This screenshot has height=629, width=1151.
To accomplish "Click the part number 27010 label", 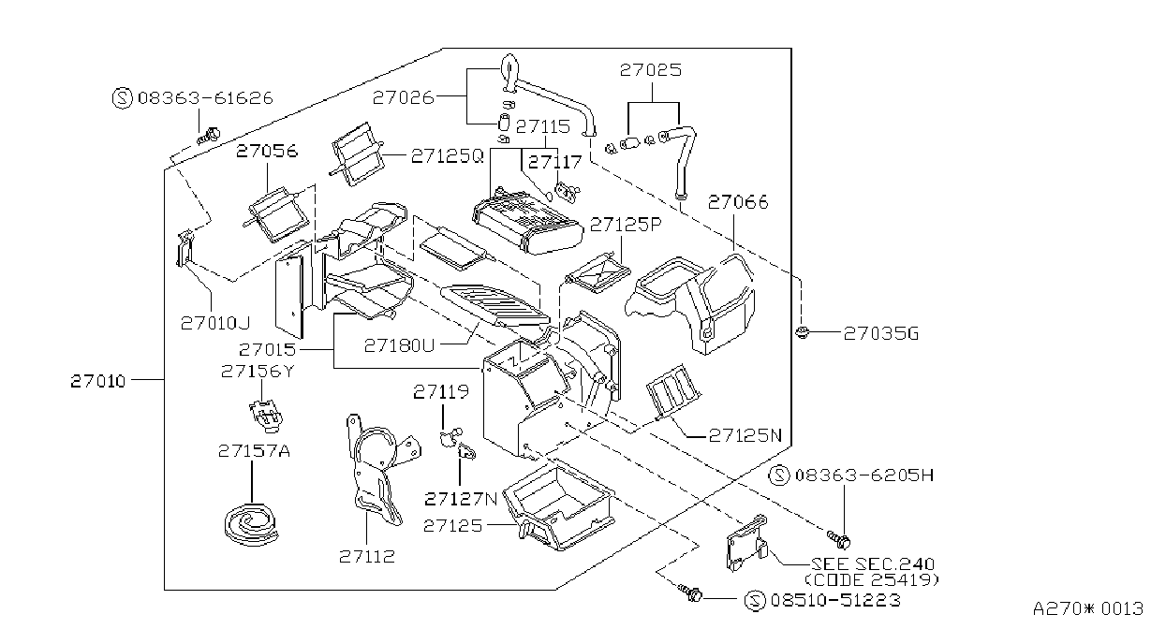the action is point(97,381).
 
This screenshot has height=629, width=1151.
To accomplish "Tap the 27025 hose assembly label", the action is point(651,70).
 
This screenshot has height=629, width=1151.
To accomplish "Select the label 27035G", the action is point(880,334).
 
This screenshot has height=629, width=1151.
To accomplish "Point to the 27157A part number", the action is point(254,451).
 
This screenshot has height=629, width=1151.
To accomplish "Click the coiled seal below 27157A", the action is point(252,524).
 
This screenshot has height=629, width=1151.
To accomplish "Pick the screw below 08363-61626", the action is point(208,137).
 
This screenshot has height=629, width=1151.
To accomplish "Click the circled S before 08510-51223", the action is point(755,601).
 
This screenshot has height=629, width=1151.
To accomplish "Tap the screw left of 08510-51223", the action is point(689,592).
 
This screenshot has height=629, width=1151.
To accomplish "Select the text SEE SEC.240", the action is point(872,564).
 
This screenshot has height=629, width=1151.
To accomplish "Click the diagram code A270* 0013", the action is point(1088,609).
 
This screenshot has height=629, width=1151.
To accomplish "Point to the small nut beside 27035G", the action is point(801,332).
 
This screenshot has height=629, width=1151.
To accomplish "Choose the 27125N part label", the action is point(745,435).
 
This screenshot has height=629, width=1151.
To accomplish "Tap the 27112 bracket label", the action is point(367,556).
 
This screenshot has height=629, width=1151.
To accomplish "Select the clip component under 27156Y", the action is point(266,416).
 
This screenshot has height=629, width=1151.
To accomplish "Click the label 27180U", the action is point(399,345).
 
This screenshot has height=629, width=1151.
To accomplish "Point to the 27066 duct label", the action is point(738,202).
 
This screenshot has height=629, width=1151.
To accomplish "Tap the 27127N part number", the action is point(461,499).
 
